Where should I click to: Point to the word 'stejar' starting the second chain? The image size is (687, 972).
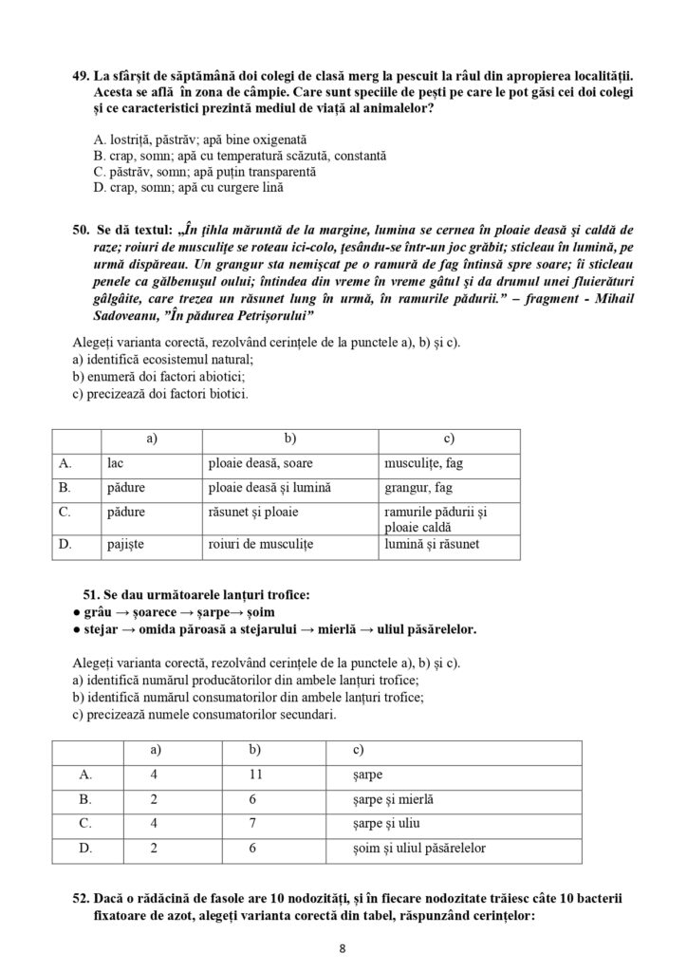pos(102,629)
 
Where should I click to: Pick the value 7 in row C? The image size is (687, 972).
pos(253,823)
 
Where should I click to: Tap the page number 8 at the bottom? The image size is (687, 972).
pos(343,948)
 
